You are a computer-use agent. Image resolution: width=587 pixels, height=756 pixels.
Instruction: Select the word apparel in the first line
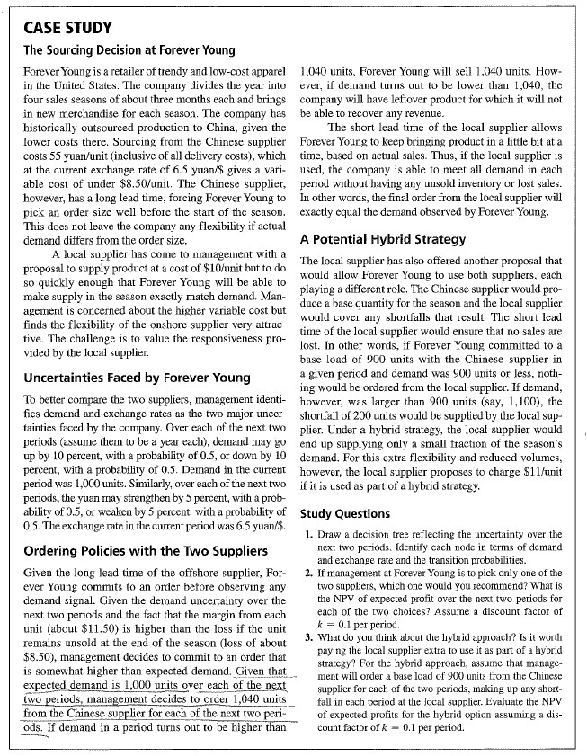269,69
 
